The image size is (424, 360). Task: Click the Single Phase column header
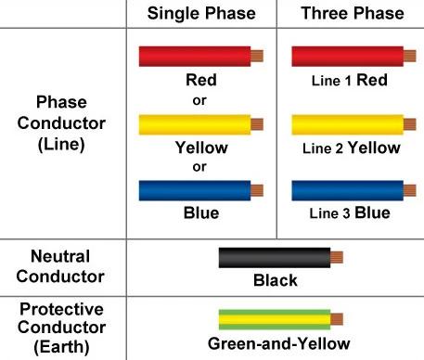coord(201,14)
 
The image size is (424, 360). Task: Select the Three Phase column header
coord(353,14)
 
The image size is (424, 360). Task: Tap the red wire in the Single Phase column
coord(201,57)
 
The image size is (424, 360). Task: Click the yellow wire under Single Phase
coord(201,124)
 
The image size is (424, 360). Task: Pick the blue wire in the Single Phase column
coord(201,190)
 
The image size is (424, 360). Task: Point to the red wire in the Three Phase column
coord(353,57)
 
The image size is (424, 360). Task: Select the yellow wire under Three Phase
coord(353,124)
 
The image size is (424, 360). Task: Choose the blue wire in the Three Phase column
coord(353,190)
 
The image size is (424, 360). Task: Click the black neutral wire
coord(281,258)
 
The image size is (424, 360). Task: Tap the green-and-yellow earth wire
coord(281,319)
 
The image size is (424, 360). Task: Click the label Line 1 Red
coord(350,80)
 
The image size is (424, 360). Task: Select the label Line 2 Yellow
coord(352,148)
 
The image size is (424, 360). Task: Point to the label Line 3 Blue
coord(350,212)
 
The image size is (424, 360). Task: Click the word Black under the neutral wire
coord(276,280)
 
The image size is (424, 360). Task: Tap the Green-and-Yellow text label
coord(279,343)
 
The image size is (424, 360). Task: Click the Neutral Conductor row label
coord(60,266)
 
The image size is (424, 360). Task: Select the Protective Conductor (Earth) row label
coord(61,328)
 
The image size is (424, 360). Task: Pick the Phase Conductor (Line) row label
coord(61,123)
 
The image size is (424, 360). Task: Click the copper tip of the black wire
coord(337,257)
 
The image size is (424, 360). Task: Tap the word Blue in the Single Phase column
coord(201,213)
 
